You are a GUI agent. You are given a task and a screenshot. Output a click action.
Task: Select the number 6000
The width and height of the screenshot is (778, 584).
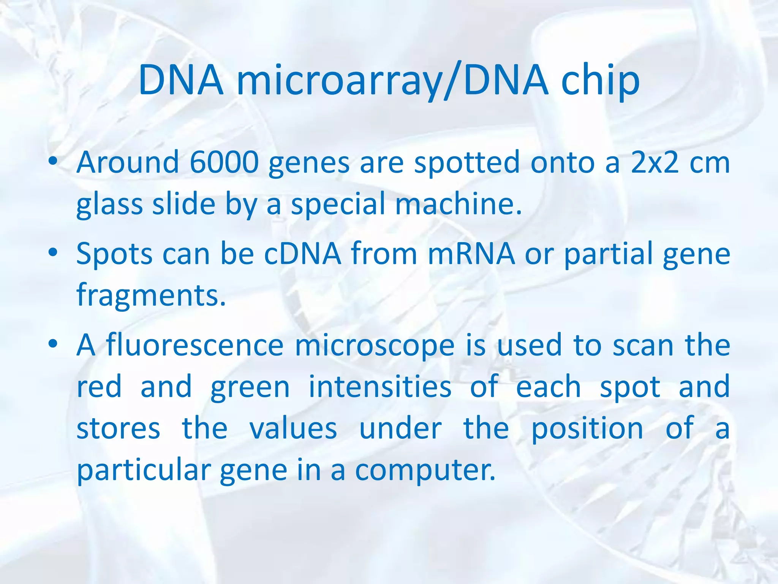tap(224, 162)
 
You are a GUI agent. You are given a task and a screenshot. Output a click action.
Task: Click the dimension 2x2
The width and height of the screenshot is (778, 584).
tap(655, 162)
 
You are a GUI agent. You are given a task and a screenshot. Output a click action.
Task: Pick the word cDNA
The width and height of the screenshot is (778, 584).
tap(302, 254)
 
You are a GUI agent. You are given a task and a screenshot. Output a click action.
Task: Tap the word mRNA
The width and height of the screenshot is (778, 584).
tap(471, 254)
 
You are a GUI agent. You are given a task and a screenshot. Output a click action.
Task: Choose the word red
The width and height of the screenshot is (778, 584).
tap(99, 387)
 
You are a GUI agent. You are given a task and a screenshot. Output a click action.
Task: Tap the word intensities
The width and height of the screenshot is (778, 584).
tap(380, 387)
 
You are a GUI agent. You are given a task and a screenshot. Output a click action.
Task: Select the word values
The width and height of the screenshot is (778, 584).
tap(293, 429)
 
